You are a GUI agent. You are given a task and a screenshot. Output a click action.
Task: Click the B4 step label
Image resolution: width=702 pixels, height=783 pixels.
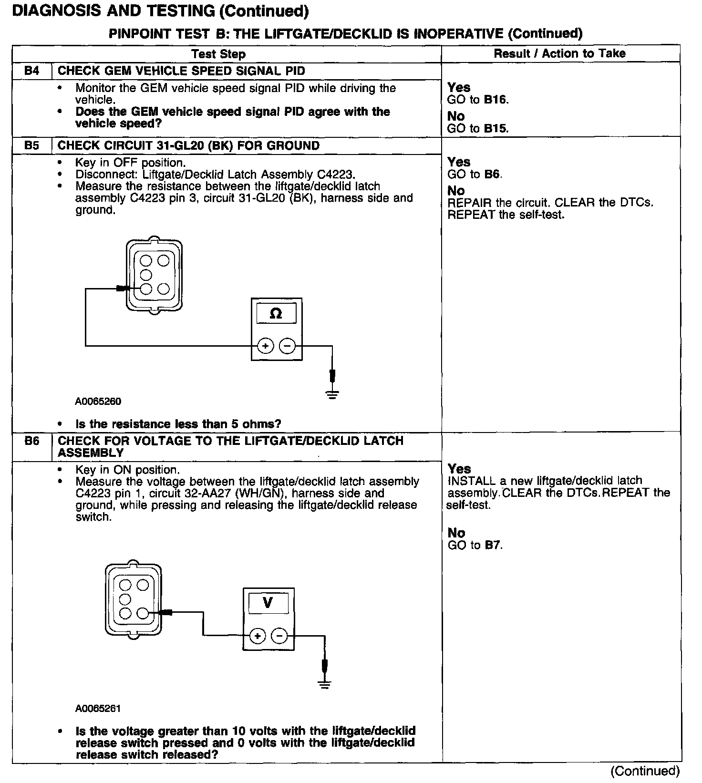coord(31,72)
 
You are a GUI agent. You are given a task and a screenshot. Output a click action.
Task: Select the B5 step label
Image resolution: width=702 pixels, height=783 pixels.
coord(31,146)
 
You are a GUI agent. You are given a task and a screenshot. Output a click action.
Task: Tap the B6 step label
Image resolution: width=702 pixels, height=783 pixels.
coord(31,441)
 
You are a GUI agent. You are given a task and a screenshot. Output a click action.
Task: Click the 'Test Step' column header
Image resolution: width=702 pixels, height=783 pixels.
coord(218,54)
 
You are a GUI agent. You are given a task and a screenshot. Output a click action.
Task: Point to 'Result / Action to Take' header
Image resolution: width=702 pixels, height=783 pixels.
coord(559,53)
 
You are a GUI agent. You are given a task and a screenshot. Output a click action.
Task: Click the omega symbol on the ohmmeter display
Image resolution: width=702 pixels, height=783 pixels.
coord(276,314)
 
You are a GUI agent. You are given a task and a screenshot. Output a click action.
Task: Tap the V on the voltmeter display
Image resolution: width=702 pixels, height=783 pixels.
coord(268,603)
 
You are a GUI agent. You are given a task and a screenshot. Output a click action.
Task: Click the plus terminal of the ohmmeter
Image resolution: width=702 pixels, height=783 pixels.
coord(265,346)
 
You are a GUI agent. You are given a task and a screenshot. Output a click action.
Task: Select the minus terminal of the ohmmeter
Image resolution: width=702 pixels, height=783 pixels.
coord(287,346)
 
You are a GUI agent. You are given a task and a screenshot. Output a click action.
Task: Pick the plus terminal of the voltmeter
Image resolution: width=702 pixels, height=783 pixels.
coord(258,636)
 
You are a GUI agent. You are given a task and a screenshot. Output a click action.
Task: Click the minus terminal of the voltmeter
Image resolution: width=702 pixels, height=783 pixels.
coord(279,636)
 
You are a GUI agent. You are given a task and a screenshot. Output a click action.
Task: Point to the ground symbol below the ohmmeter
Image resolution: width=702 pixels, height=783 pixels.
coord(332,394)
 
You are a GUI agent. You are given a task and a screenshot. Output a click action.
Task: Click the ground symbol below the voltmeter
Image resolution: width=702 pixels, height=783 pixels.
coord(324,685)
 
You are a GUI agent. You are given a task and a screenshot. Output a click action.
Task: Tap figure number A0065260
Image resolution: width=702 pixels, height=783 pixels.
coord(98,402)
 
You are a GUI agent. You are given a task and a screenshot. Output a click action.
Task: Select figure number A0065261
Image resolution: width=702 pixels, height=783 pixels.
coord(98,709)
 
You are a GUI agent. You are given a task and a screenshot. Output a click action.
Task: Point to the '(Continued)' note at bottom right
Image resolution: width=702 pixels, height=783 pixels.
coord(645,771)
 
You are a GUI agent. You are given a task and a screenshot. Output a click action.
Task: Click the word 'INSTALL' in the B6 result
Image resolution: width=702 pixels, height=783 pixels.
coord(472,481)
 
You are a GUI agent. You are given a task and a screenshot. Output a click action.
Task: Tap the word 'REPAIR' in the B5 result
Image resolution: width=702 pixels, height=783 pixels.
coord(469,203)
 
